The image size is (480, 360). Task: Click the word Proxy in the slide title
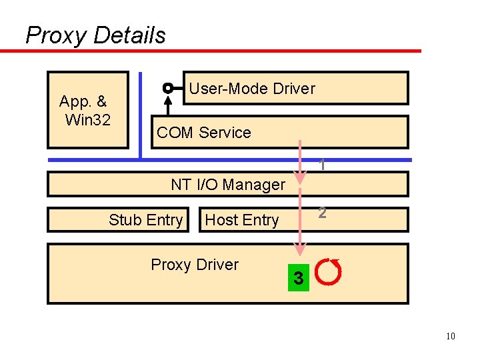pyautogui.click(x=56, y=35)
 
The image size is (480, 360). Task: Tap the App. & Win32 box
pyautogui.click(x=87, y=110)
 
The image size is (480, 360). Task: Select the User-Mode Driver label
pyautogui.click(x=251, y=89)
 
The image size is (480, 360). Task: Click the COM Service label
pyautogui.click(x=203, y=133)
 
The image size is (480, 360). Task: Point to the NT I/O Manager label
pyautogui.click(x=228, y=185)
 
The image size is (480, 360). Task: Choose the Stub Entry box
pyautogui.click(x=145, y=220)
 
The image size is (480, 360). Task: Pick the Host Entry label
pyautogui.click(x=241, y=220)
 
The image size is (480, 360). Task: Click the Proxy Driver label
pyautogui.click(x=195, y=265)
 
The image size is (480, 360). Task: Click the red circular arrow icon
pyautogui.click(x=328, y=271)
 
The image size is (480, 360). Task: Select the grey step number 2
pyautogui.click(x=322, y=213)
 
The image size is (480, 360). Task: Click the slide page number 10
pyautogui.click(x=451, y=336)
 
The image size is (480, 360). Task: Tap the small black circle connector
pyautogui.click(x=168, y=88)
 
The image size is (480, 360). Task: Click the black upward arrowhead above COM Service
pyautogui.click(x=168, y=101)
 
